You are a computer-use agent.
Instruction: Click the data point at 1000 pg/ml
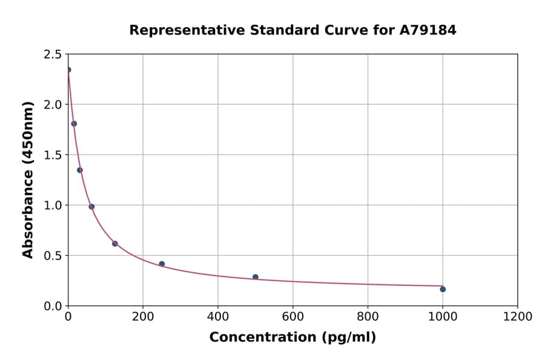pos(443,289)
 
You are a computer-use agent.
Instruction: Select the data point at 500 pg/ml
pos(256,277)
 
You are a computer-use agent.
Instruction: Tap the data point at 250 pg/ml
pos(162,264)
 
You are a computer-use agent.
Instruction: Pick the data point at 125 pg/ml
pos(115,244)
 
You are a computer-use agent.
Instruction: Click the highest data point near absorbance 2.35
pos(68,70)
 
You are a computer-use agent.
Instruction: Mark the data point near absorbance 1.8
pos(74,124)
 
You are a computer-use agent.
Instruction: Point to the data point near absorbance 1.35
pos(80,170)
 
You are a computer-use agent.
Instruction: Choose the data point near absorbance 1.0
pos(91,207)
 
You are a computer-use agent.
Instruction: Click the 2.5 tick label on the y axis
pos(52,55)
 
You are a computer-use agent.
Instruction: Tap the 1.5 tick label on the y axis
pos(52,155)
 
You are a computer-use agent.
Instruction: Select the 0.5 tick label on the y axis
pos(52,256)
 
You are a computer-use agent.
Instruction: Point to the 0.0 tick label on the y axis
pos(52,306)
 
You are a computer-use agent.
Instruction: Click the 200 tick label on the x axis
pos(143,317)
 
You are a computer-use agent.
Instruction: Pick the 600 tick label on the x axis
pos(293,317)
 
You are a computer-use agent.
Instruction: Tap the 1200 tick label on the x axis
pos(518,317)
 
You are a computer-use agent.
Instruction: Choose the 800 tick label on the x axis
pos(368,317)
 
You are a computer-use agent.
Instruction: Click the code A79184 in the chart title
pos(428,30)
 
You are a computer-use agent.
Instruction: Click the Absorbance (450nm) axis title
pos(28,179)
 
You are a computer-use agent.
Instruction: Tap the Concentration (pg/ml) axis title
pos(292,338)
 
